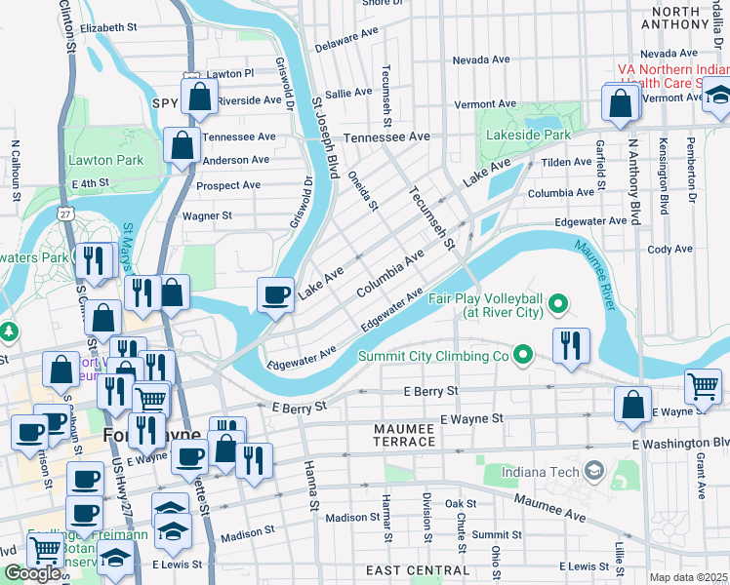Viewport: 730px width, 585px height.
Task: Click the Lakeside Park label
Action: click(538, 134)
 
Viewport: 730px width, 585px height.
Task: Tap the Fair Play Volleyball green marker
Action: click(558, 305)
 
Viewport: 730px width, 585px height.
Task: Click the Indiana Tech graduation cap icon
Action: click(592, 473)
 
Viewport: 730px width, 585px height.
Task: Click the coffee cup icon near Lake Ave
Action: click(276, 292)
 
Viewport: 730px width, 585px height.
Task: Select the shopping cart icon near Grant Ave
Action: click(703, 386)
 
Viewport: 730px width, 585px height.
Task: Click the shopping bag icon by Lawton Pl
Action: click(199, 97)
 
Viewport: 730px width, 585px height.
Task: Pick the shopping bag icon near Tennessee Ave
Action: click(182, 146)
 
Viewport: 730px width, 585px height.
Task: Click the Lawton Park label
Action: click(105, 160)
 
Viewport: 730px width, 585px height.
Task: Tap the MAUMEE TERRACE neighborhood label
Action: click(405, 435)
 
